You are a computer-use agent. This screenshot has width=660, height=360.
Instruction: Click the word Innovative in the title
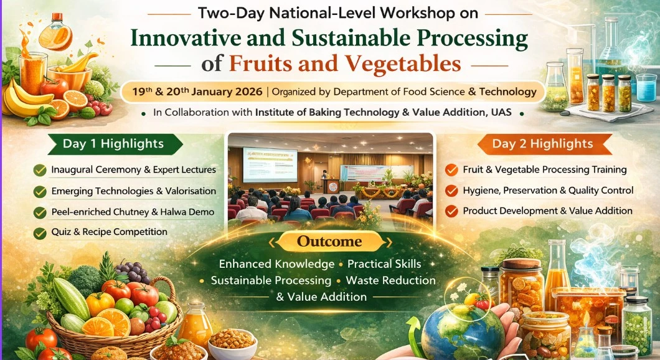[186, 39]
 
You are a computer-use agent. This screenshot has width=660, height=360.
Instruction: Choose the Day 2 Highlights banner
[545, 144]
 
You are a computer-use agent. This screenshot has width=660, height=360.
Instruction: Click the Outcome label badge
[329, 242]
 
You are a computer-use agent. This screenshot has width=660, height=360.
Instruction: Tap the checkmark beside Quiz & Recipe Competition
[40, 233]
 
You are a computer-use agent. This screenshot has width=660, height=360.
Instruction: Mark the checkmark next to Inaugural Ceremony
[40, 170]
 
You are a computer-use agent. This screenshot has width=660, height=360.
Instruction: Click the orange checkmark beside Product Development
[451, 211]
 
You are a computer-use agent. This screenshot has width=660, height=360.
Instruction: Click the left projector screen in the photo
[270, 164]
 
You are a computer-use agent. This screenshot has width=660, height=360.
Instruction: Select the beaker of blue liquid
[646, 88]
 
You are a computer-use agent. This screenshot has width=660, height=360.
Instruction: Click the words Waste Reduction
[390, 280]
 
